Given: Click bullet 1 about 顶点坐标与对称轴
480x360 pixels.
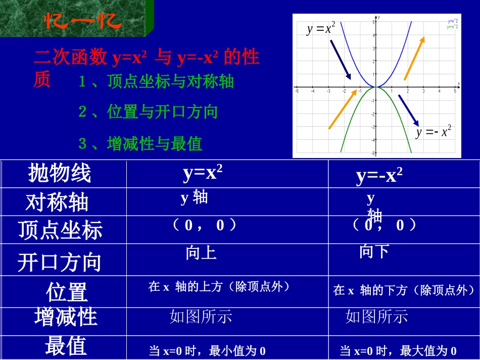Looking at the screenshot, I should coord(157,82).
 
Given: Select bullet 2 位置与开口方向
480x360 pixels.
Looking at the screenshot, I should coord(148,112).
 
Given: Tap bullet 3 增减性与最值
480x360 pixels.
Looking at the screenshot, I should coord(140,144).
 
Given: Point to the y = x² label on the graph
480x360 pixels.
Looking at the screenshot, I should coord(321,28).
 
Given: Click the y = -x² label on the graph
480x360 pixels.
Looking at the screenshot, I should coord(434,132).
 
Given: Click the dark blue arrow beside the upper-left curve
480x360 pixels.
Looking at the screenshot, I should coord(341,59).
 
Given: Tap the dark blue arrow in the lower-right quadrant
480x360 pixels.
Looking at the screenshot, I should coord(408,110).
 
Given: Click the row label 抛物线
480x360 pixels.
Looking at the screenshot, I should coord(60,173).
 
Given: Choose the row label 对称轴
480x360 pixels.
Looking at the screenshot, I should coord(57,202).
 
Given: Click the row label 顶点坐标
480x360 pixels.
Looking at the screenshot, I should coord(60,230).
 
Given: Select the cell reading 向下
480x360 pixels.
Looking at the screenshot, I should coord(374,251).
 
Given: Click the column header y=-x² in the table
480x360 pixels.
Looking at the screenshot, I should coord(379,176).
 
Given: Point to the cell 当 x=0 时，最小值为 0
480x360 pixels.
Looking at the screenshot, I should coord(207,350).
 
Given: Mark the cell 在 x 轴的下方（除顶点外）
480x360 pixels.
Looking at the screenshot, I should coord(404,290).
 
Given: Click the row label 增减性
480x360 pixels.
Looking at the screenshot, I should coord(66,317).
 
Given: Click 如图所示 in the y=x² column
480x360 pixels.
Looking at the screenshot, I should coord(201,317).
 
